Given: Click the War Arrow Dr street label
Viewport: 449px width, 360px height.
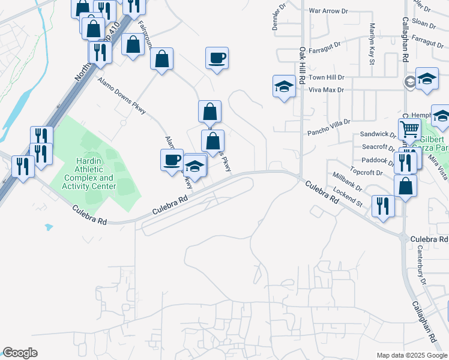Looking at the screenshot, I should (328, 11).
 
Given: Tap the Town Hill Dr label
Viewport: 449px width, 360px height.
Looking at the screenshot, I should (327, 77).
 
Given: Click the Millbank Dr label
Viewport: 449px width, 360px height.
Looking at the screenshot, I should (348, 182).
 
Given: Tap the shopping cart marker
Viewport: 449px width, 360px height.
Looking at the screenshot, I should (409, 128).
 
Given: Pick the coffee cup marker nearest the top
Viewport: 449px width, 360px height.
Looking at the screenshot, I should (217, 58).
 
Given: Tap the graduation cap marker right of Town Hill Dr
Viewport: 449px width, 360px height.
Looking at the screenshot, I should (426, 79).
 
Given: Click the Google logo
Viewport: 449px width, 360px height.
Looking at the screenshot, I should (20, 353).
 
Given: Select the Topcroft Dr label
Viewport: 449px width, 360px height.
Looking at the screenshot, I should (367, 173).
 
